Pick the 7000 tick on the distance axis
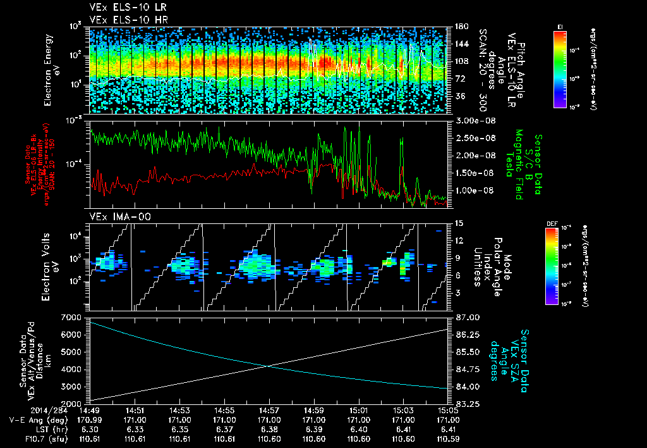(x=76, y=317)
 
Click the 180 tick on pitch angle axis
(x=461, y=27)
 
